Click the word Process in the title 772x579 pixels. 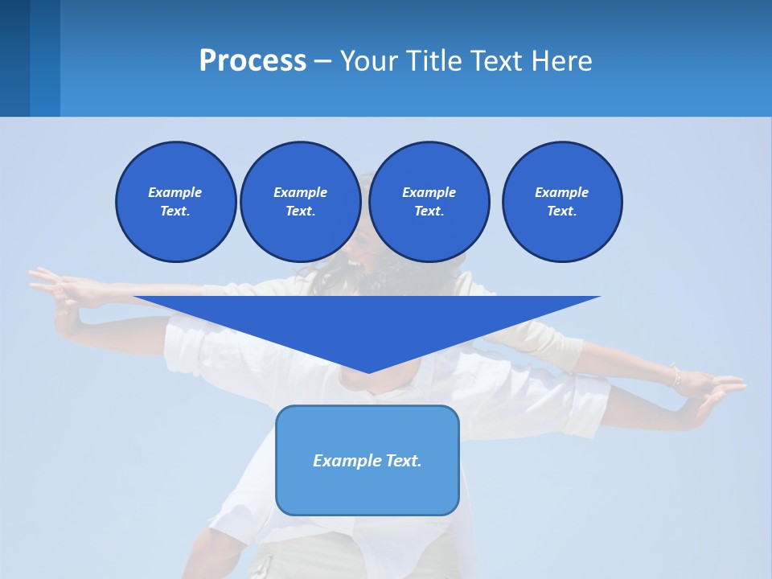[253, 60]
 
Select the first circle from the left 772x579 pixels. [175, 202]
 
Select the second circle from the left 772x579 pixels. [300, 202]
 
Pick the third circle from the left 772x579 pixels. [429, 202]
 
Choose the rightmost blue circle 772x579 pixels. [561, 202]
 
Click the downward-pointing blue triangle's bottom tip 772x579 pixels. [368, 371]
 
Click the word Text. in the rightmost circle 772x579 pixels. [561, 211]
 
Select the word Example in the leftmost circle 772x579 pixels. [175, 192]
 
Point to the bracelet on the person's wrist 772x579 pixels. [675, 376]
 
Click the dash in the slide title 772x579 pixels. [323, 61]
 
